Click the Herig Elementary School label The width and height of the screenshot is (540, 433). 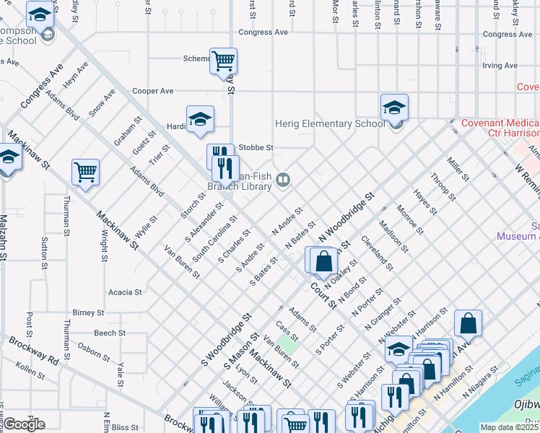[x=330, y=123]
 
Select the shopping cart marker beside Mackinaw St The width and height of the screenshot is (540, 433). [x=85, y=172]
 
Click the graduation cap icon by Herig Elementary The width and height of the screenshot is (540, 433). [x=394, y=108]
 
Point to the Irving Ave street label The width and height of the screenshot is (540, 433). [x=500, y=66]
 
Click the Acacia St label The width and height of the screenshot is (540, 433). [x=124, y=292]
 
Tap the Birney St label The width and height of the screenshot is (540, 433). [x=89, y=313]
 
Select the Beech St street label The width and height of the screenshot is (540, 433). [x=110, y=333]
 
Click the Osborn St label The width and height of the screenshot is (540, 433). [x=94, y=349]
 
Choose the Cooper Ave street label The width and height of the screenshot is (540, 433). [x=153, y=92]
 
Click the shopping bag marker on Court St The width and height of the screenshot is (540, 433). [x=324, y=261]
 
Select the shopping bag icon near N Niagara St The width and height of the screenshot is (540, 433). [x=469, y=323]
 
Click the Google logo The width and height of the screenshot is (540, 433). [x=25, y=424]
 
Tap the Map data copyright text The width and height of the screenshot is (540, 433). [x=510, y=427]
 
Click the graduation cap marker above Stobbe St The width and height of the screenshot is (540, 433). [x=200, y=120]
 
